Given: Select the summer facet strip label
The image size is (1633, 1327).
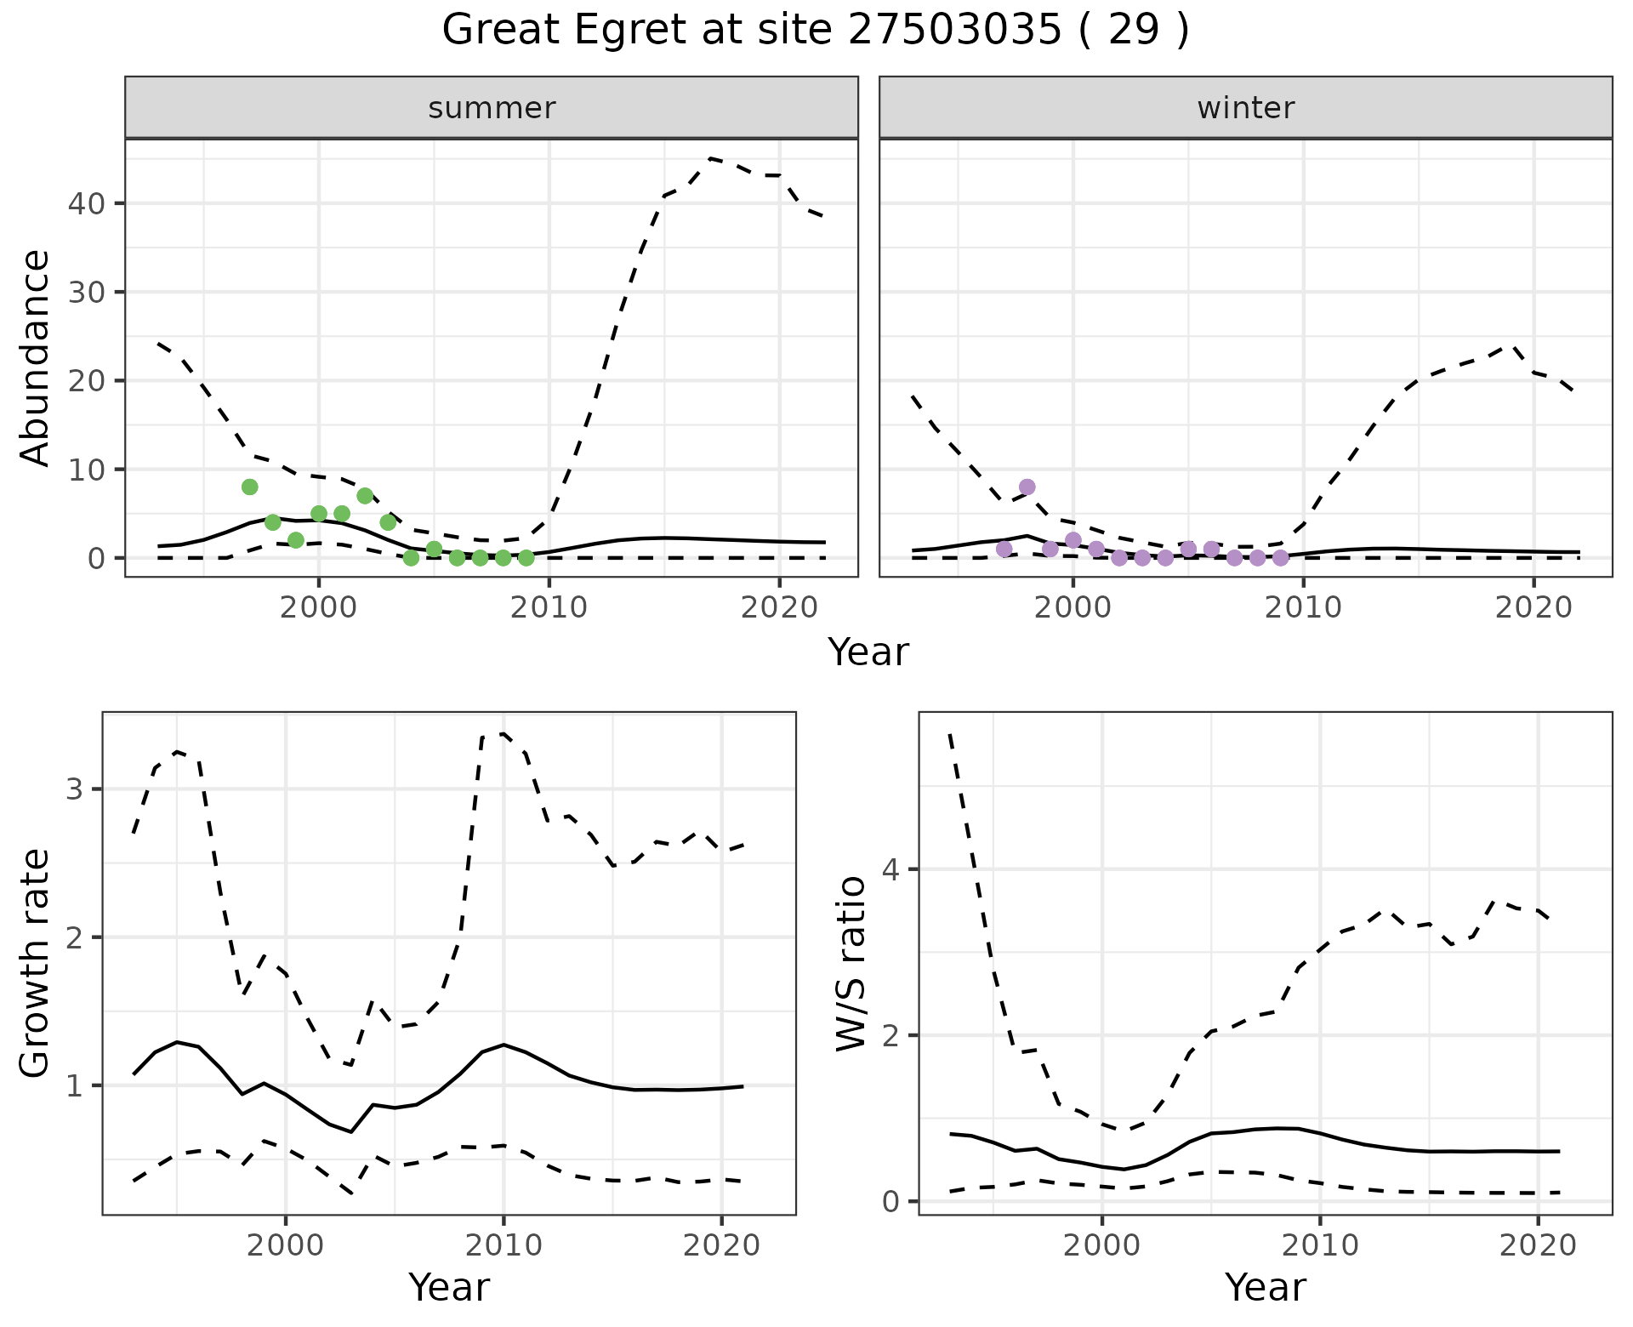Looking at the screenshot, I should pos(492,108).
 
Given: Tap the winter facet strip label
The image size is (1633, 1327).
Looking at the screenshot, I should pos(1245,108).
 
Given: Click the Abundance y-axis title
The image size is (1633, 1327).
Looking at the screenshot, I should pos(36,358).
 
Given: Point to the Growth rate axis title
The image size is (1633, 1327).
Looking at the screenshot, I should pos(36,964).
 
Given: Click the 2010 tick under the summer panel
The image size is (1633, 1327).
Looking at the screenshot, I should pos(549,607).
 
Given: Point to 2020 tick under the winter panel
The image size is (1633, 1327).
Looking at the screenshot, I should pos(1533,607).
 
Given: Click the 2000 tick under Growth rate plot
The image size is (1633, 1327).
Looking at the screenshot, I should pos(286,1246).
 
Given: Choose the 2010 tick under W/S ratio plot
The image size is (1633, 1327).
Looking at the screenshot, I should pos(1320,1246).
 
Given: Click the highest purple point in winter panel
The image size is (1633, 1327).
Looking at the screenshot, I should pos(1027,487).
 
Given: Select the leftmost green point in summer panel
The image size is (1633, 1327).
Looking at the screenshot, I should pos(249,487).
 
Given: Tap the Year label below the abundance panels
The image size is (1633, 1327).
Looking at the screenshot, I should pos(868,652).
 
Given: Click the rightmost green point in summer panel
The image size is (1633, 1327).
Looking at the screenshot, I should pos(526,558).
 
